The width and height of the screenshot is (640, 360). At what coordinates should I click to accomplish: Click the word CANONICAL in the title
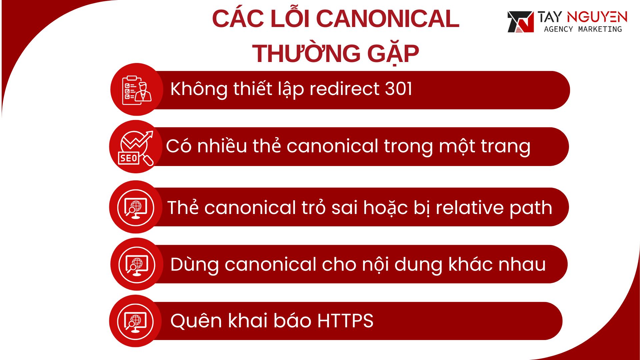(x=387, y=19)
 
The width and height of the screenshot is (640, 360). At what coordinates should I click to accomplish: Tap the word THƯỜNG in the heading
(x=306, y=53)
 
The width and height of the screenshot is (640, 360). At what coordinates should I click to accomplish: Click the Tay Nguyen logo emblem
(x=520, y=22)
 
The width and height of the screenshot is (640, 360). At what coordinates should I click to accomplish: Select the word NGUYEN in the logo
(x=597, y=17)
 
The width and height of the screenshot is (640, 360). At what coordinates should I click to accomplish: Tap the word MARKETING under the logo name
(x=600, y=29)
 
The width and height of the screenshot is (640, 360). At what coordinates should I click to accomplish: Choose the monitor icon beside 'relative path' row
(x=136, y=207)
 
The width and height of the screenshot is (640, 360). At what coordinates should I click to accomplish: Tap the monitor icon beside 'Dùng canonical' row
(x=137, y=264)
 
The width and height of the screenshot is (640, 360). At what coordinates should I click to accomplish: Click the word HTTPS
(x=345, y=321)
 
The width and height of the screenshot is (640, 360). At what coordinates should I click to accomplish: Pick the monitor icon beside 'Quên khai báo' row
(x=136, y=321)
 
